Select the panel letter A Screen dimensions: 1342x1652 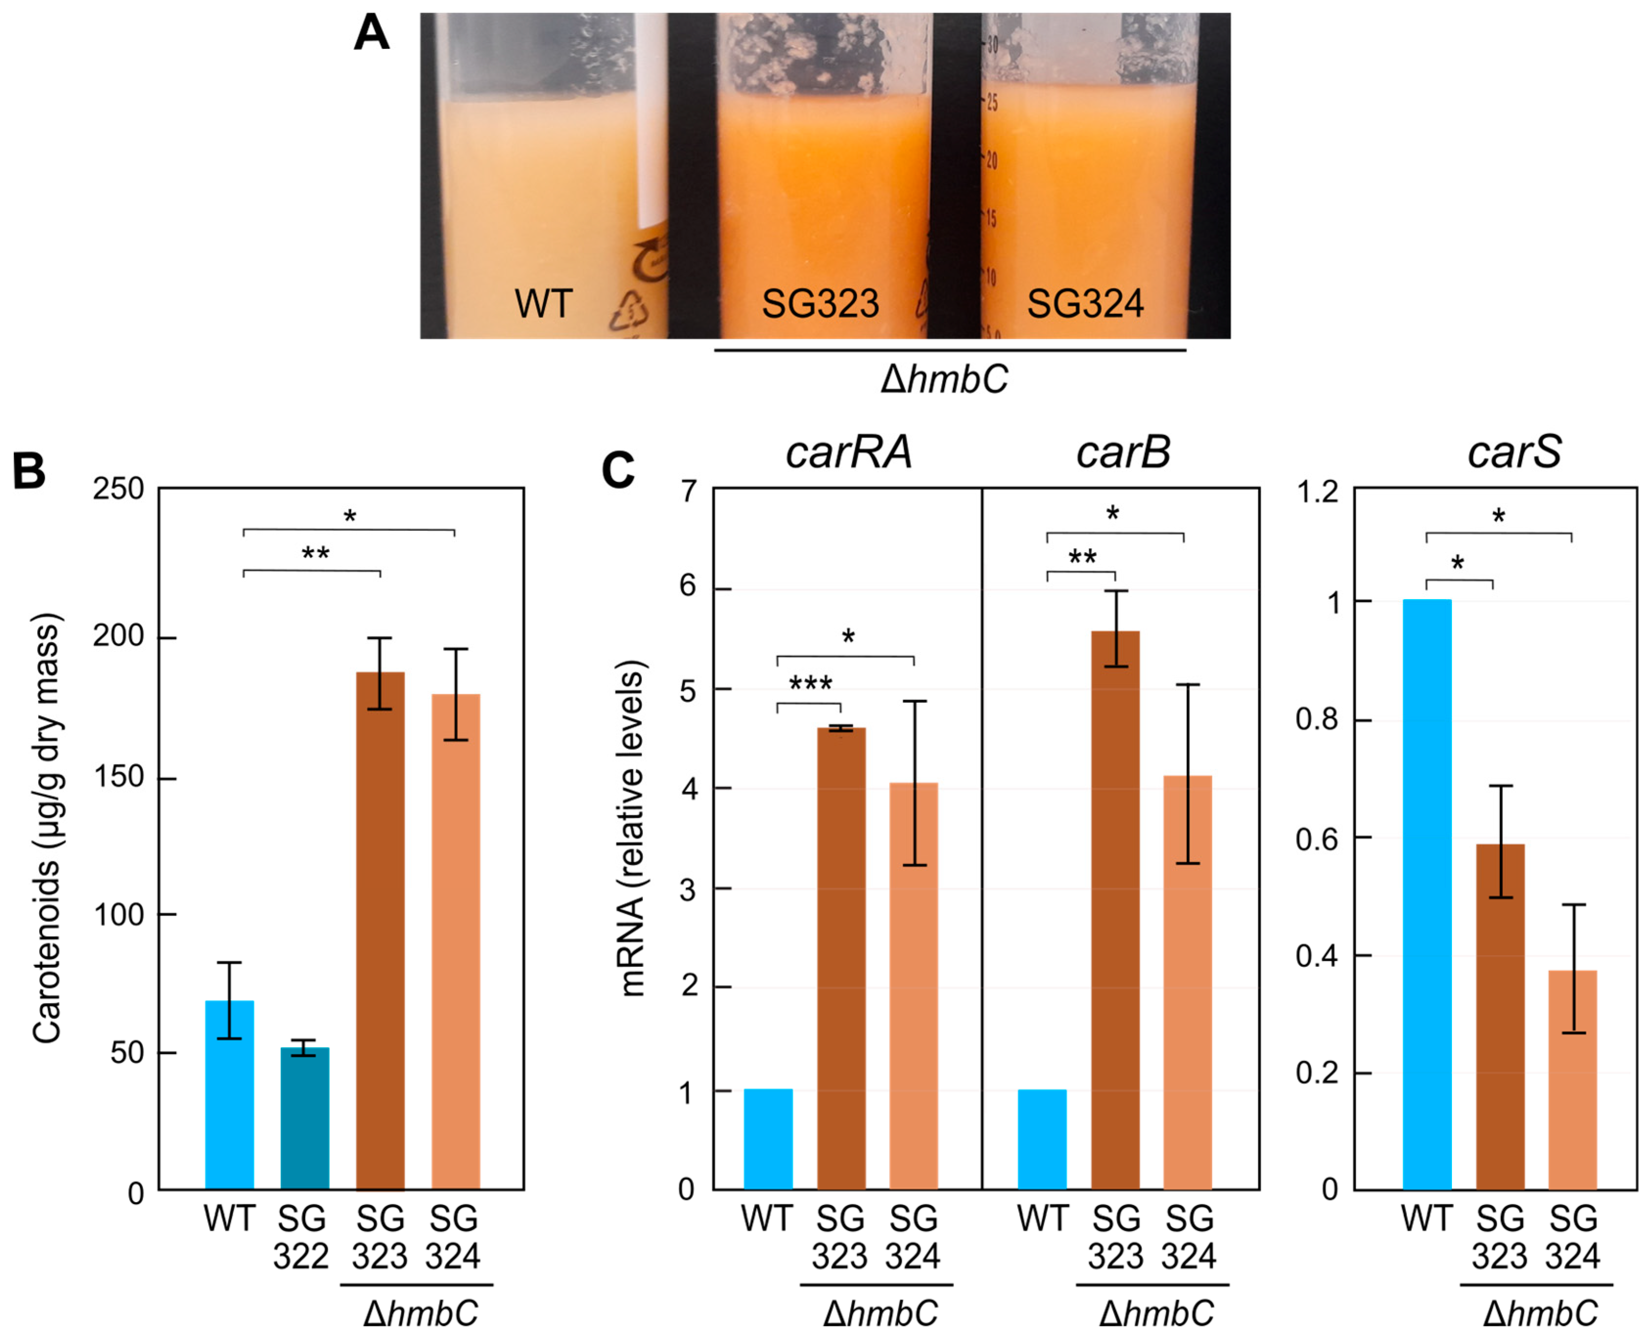371,34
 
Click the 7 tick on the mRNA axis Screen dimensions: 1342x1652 688,492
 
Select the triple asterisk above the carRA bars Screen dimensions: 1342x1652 810,683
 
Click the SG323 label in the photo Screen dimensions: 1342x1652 820,304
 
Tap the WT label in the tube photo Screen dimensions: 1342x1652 543,304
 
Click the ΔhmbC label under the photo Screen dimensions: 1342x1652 945,380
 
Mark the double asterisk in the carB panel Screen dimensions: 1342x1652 1082,557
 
